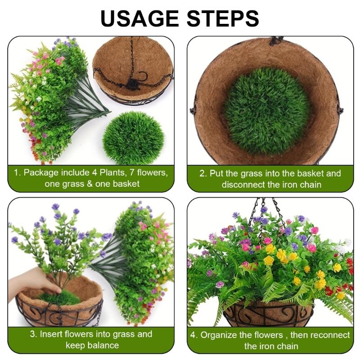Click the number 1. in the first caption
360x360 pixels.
[18, 172]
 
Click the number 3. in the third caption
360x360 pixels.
[33, 334]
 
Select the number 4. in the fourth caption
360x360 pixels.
[194, 335]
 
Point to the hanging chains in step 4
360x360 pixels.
[265, 211]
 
